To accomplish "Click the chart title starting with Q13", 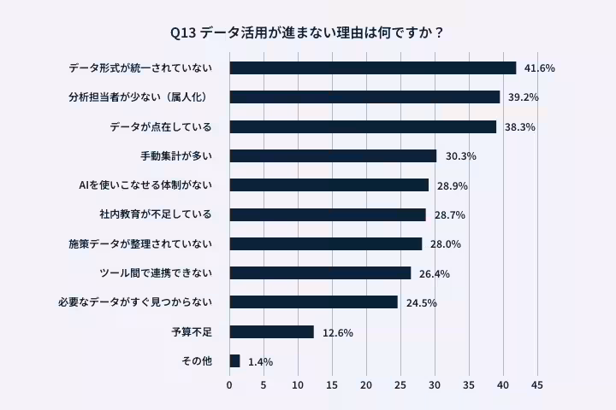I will click(307, 33).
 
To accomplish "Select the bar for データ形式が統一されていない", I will click(372, 67).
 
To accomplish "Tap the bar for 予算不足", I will click(271, 331).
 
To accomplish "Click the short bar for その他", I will click(234, 361).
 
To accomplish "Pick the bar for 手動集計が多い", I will click(333, 155).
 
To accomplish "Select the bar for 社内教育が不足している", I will click(327, 214).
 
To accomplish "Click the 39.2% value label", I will click(523, 97).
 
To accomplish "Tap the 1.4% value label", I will click(260, 362).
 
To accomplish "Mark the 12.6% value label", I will click(338, 332).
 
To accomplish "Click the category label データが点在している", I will click(160, 126).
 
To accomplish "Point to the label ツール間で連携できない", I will click(155, 273).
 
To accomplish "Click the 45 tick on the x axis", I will click(537, 386).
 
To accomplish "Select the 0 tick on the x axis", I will click(229, 386).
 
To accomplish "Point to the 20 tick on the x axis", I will click(366, 386).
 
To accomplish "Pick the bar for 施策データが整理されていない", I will click(325, 243).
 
